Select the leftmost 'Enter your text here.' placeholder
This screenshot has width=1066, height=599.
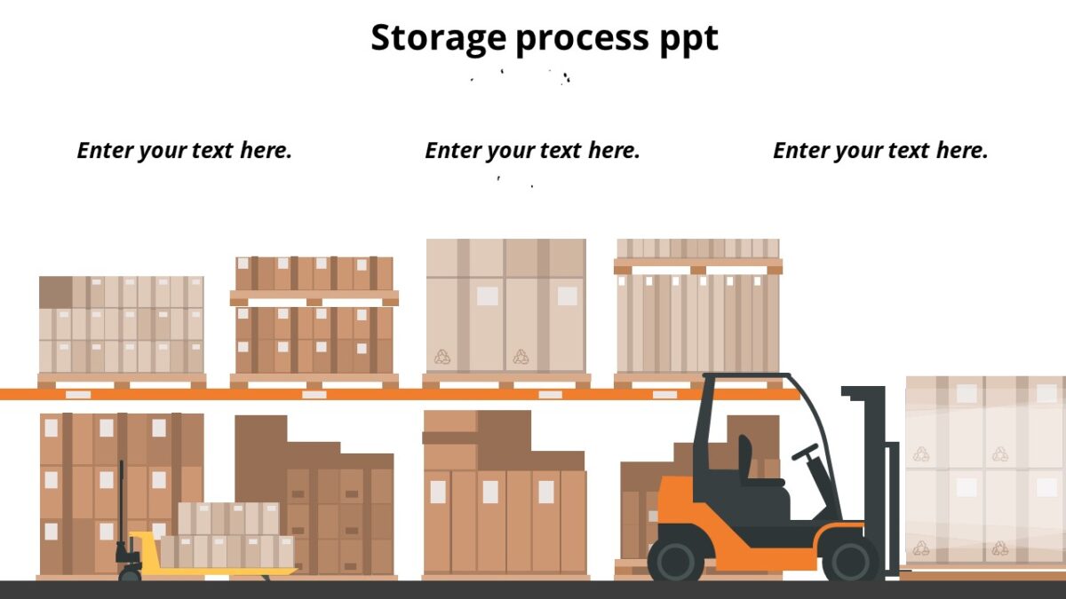(x=185, y=151)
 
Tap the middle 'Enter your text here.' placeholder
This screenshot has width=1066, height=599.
(x=533, y=151)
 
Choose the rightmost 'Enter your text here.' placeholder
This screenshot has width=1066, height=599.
(x=880, y=151)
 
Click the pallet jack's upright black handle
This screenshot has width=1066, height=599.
(x=122, y=506)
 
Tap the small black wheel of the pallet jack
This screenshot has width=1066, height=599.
(x=130, y=575)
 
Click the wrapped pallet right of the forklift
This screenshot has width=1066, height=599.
(x=984, y=470)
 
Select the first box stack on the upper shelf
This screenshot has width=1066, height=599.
(x=122, y=325)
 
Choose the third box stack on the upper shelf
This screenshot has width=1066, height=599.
(x=505, y=306)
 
